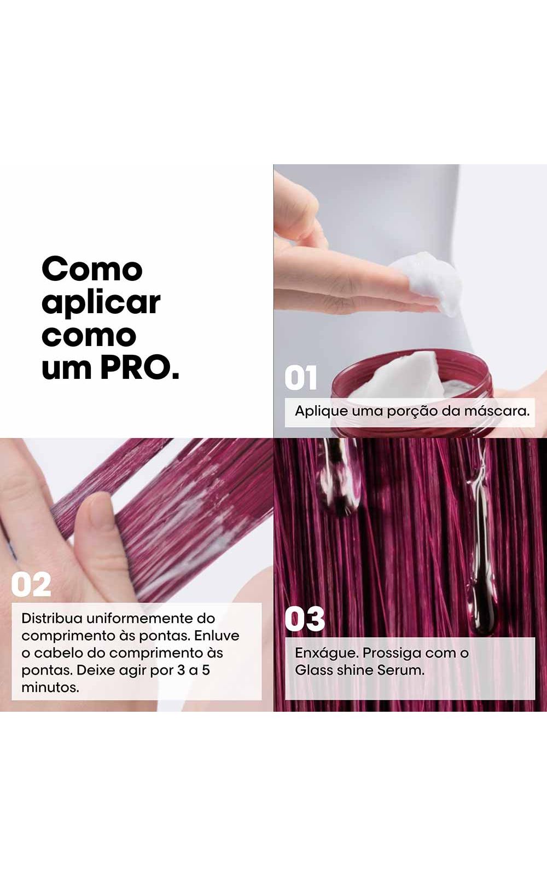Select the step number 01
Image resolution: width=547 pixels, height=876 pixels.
click(x=300, y=378)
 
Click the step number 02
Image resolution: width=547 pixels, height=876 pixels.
click(x=31, y=585)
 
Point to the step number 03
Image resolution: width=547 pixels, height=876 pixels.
click(x=305, y=619)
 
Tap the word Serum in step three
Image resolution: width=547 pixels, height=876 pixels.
click(x=400, y=670)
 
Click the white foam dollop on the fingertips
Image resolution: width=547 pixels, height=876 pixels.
click(x=428, y=281)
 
